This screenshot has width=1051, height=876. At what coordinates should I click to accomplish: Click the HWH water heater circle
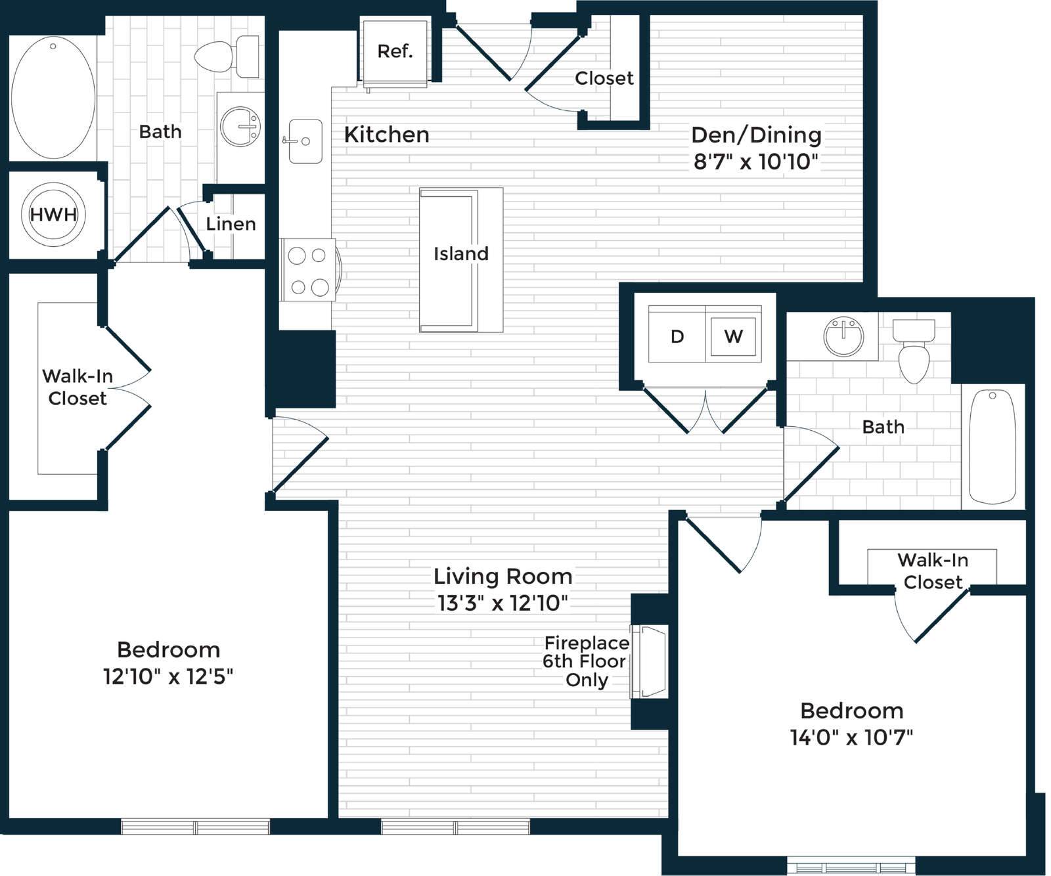53,215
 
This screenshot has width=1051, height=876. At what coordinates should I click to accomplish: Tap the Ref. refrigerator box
394,52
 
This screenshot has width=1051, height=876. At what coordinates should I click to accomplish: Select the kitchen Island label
461,253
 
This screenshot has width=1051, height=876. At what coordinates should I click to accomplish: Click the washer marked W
733,336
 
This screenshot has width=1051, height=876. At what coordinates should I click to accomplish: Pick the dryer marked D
677,336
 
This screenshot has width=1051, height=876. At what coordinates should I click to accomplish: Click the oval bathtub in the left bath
53,97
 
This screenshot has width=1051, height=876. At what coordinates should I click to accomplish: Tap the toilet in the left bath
227,56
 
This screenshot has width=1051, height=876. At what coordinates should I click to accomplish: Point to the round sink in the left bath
240,126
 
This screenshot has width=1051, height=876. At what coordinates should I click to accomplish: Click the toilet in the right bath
914,351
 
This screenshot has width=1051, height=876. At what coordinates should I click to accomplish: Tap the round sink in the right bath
843,337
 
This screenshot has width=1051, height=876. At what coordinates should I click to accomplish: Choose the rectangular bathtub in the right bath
993,447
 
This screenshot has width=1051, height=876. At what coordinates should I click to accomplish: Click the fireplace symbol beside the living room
649,662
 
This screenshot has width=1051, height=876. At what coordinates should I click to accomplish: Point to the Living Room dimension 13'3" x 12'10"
503,603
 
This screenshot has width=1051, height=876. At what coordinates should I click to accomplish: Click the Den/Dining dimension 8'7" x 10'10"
757,162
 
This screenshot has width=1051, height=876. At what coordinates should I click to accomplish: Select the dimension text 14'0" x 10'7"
852,737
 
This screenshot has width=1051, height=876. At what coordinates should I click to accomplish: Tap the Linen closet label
231,224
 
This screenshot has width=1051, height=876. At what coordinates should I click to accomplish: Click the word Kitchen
386,135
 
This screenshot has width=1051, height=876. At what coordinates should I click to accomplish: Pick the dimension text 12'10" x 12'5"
168,676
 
